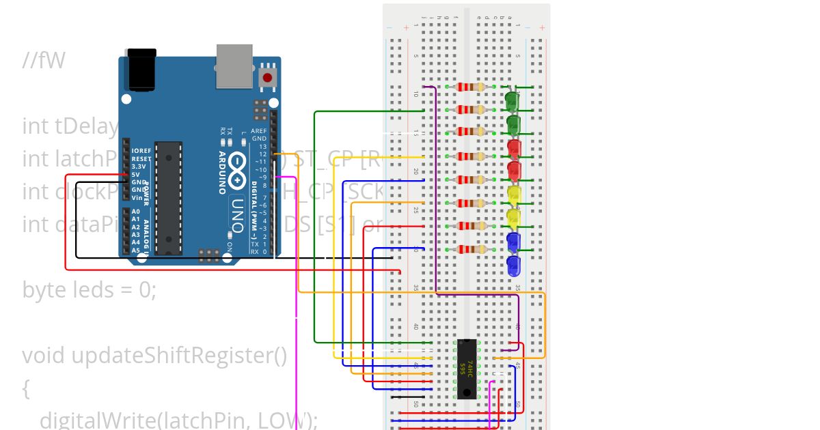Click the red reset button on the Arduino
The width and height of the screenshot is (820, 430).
tap(267, 77)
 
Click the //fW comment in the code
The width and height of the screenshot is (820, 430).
tap(43, 61)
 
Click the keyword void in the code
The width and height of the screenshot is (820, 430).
tap(44, 356)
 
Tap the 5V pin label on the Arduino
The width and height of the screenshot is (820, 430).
tap(136, 174)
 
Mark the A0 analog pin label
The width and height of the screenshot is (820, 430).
tap(136, 212)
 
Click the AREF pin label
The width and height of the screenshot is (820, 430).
tap(259, 130)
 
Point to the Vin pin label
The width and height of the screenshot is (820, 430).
tap(137, 197)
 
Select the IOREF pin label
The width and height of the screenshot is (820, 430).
tap(141, 150)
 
